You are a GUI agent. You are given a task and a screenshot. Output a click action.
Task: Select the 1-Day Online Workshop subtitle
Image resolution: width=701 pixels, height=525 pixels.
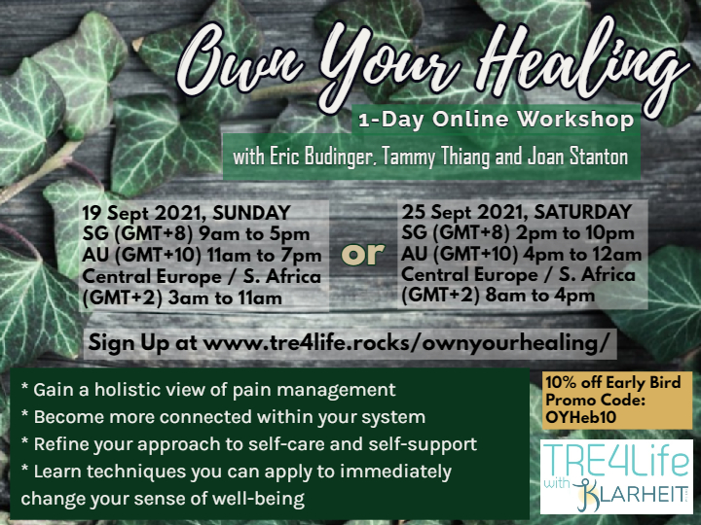tap(497, 120)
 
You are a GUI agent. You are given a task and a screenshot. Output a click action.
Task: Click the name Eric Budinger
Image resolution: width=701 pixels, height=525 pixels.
tap(302, 157)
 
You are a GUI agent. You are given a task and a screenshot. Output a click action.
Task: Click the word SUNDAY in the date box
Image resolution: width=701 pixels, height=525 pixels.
tap(252, 213)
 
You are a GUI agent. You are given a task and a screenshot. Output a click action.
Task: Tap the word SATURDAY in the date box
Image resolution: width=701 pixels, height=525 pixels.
tap(583, 212)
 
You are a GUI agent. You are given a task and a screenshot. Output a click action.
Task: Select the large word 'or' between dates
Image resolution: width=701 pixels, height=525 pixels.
tap(362, 254)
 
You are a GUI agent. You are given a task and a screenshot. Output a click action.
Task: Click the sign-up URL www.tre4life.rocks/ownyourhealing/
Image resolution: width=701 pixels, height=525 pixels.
tap(406, 343)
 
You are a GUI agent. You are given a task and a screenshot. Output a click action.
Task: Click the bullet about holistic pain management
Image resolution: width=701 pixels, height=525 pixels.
tap(208, 390)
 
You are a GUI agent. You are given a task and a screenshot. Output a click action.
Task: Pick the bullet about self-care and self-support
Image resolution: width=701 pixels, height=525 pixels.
tap(248, 444)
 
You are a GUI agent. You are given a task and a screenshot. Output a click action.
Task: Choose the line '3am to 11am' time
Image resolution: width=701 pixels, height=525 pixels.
tap(225, 297)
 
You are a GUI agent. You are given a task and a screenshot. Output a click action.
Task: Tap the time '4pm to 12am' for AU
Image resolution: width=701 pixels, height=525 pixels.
tap(580, 254)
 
